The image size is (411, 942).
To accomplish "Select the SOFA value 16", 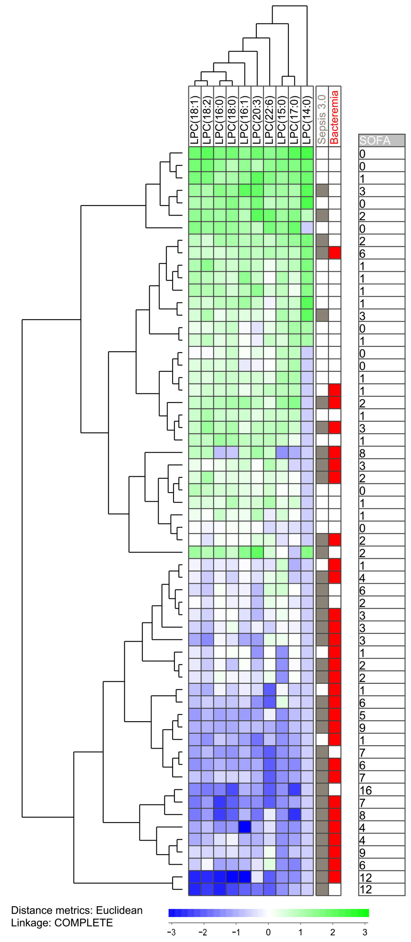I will click(365, 790).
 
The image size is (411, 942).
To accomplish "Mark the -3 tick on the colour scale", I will click(171, 932).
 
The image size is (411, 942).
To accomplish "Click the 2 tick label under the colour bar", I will click(333, 932).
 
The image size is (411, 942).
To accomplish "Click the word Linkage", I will click(31, 923).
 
